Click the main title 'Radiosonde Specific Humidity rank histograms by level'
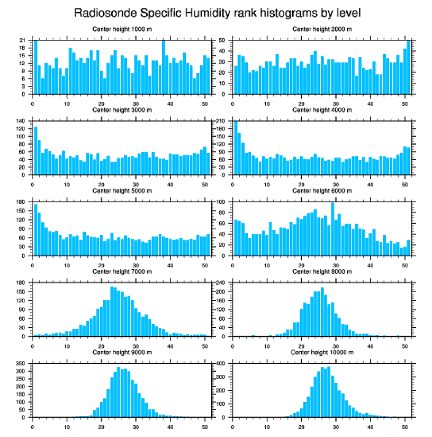pos(217,13)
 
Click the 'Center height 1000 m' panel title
pos(122,29)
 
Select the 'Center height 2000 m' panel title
pos(322,29)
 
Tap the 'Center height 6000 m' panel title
pos(322,190)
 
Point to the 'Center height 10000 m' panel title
pos(322,352)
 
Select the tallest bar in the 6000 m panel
pos(332,228)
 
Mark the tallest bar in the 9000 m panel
pos(118,392)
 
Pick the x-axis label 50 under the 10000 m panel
pos(404,425)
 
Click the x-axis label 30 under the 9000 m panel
pos(136,425)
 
